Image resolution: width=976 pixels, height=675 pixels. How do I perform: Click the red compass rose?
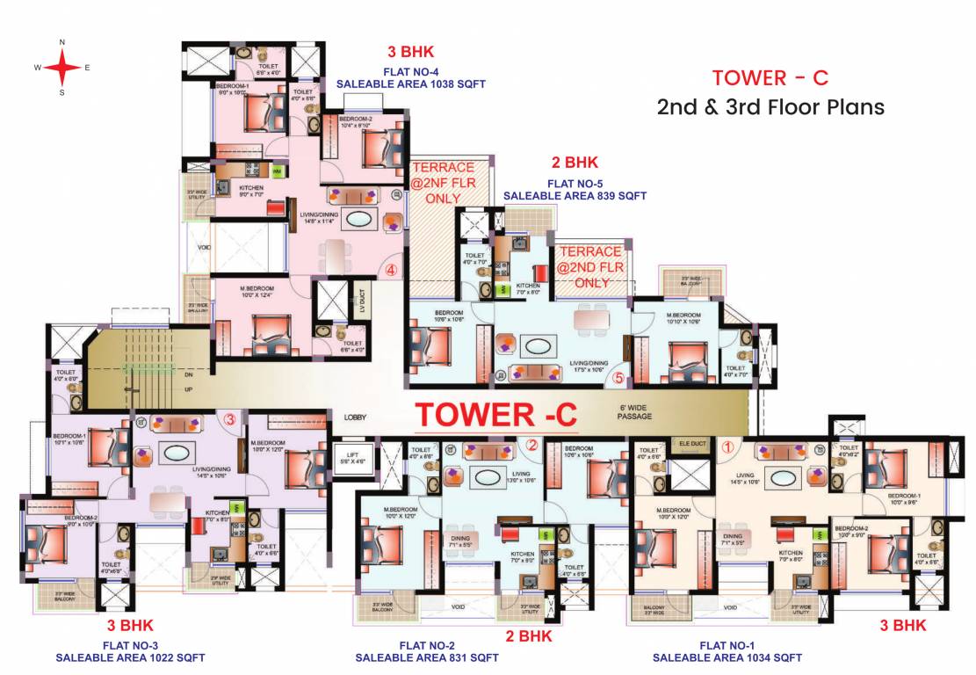(x=61, y=67)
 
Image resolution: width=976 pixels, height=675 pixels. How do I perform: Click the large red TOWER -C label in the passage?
(x=495, y=414)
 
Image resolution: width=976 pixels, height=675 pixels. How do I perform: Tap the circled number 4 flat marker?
(x=391, y=270)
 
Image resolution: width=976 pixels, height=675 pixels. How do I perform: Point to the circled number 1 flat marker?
(x=727, y=445)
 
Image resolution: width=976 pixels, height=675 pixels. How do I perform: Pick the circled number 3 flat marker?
(x=230, y=420)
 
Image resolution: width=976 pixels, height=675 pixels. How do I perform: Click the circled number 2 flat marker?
(x=531, y=445)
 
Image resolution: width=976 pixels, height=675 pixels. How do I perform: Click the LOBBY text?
(x=354, y=417)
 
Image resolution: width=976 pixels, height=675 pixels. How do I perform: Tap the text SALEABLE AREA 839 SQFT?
(x=575, y=196)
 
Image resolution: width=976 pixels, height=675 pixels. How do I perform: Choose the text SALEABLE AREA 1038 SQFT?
(x=411, y=84)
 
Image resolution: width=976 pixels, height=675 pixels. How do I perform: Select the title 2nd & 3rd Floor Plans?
(x=770, y=107)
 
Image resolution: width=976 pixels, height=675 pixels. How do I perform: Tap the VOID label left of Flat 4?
(x=204, y=247)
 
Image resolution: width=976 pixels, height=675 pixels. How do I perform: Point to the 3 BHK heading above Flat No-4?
(x=411, y=51)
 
